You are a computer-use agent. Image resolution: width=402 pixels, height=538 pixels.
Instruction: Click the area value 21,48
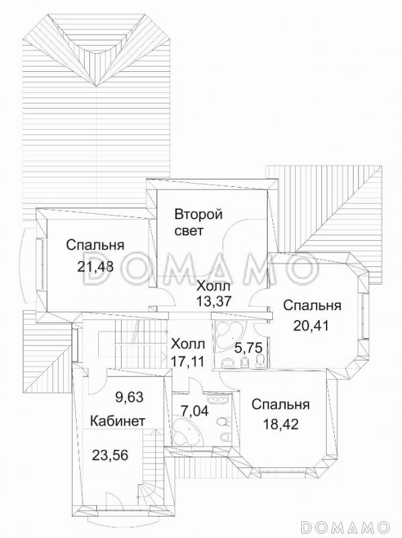[x=95, y=266]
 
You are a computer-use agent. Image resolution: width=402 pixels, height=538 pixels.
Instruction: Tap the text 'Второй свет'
[x=198, y=223]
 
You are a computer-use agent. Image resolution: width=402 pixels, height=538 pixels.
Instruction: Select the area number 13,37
[x=213, y=301]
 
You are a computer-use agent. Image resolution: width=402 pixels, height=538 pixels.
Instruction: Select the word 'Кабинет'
[x=118, y=421]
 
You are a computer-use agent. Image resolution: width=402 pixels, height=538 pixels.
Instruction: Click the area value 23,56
[x=110, y=454]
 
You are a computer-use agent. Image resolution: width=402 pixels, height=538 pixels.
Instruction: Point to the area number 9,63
[x=130, y=397]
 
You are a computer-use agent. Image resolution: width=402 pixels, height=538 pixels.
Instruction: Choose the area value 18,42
[x=280, y=425]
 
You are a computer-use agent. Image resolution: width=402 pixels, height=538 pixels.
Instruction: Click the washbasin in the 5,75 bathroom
[x=229, y=364]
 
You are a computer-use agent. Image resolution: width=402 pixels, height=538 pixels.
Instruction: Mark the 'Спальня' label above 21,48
[x=95, y=245]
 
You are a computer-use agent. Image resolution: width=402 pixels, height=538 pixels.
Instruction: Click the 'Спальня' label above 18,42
[x=280, y=404]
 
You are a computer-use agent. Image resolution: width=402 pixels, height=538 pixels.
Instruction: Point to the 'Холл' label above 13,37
[x=213, y=286]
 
